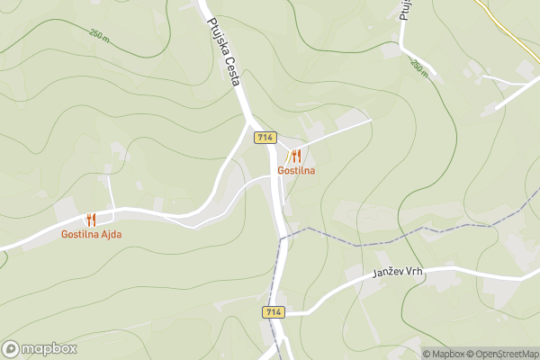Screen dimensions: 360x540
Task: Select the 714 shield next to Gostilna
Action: (265, 138)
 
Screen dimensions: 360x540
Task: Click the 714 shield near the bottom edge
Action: (274, 311)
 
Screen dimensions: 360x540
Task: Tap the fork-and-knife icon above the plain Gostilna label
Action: (295, 155)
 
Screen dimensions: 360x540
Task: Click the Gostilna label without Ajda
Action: (295, 170)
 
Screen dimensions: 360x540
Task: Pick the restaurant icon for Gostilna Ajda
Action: (91, 219)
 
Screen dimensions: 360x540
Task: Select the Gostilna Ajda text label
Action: (91, 234)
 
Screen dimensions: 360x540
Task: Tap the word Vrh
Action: (412, 271)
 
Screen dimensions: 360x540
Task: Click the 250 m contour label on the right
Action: (419, 68)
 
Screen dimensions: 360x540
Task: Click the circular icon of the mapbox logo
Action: (12, 348)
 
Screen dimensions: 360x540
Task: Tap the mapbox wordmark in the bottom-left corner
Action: (49, 348)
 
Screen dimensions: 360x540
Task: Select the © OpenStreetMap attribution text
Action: (501, 354)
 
